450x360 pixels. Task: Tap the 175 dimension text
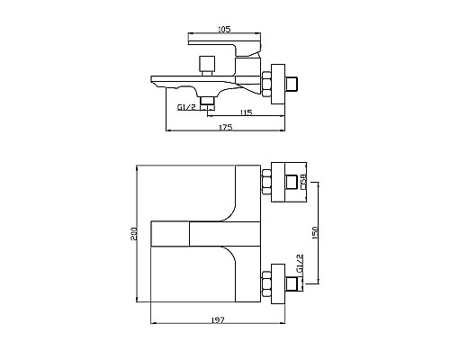tap(225, 128)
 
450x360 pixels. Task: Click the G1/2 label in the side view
tap(186, 108)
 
